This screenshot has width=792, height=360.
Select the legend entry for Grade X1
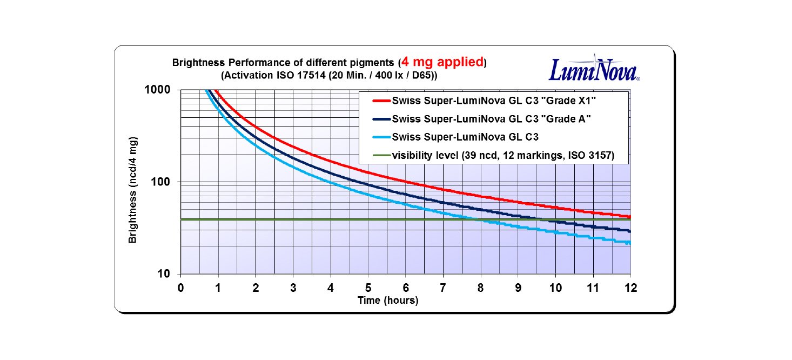pyautogui.click(x=494, y=101)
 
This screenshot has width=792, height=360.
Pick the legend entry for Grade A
pyautogui.click(x=491, y=118)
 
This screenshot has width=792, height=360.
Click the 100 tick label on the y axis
pyautogui.click(x=161, y=182)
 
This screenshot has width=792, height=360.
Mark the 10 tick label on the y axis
pyautogui.click(x=164, y=274)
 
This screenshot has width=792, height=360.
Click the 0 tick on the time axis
pyautogui.click(x=180, y=288)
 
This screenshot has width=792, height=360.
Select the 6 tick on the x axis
pyautogui.click(x=406, y=288)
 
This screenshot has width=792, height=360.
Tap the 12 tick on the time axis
pyautogui.click(x=630, y=288)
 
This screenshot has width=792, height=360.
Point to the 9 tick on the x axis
pyautogui.click(x=518, y=288)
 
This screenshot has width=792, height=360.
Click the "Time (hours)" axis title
pyautogui.click(x=388, y=301)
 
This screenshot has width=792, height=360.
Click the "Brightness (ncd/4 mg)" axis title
pyautogui.click(x=133, y=190)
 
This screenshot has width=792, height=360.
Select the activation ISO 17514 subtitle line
pyautogui.click(x=329, y=75)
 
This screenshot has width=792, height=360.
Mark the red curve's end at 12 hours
pyautogui.click(x=629, y=217)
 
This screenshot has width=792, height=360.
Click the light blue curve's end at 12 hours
pyautogui.click(x=629, y=243)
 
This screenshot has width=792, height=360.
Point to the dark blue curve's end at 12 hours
pyautogui.click(x=629, y=231)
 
